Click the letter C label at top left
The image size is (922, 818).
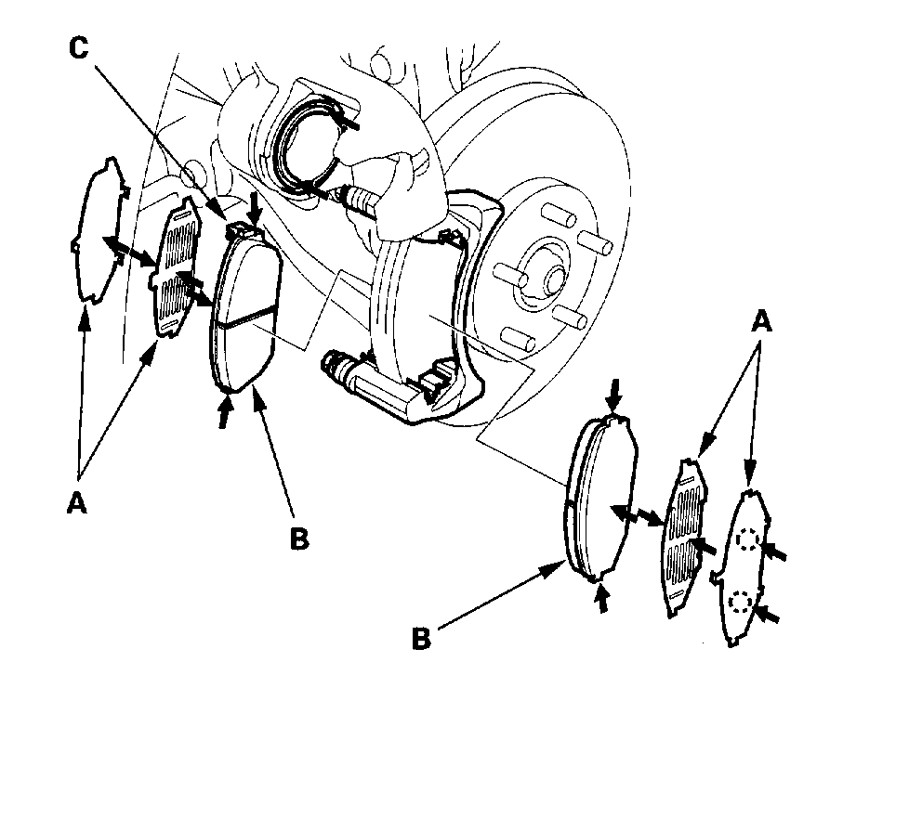point(79,48)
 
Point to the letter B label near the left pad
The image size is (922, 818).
point(298,539)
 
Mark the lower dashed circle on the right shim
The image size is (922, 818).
point(740,603)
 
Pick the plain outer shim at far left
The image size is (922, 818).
point(99,232)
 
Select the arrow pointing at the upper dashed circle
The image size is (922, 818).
point(774,553)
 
